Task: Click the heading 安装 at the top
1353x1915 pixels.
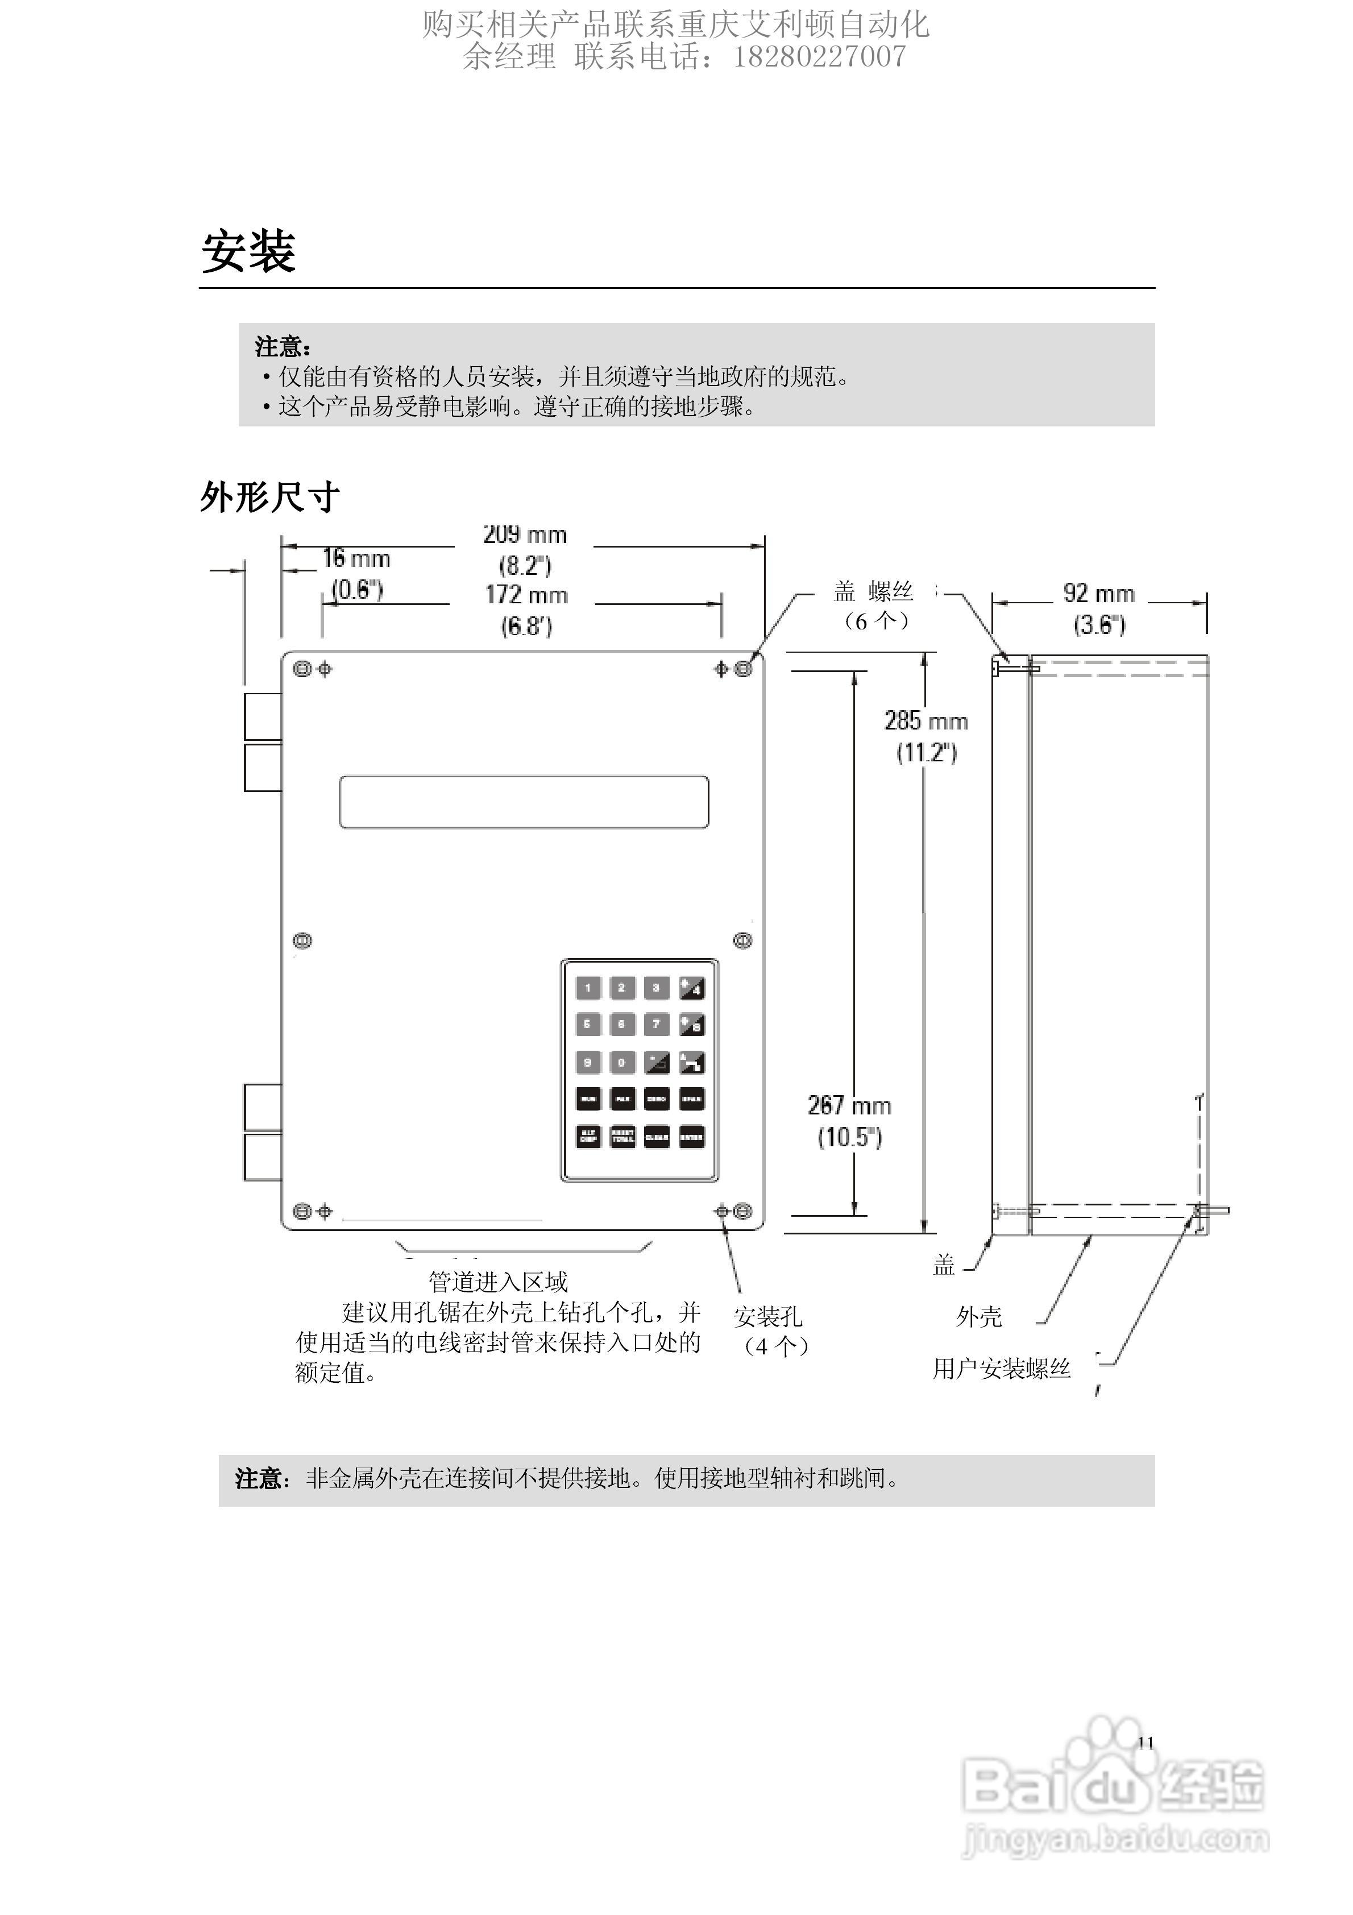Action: coord(248,251)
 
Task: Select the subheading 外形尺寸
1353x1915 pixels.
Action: coord(269,497)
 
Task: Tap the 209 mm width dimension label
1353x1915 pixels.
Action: coord(525,534)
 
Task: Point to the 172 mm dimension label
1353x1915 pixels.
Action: coord(526,595)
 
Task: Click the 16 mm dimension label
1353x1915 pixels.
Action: coord(356,559)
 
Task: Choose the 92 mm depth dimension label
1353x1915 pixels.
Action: coord(1098,594)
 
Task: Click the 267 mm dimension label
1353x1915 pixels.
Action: coord(849,1106)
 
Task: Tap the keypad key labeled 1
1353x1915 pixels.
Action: coord(588,988)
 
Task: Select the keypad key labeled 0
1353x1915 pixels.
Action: coord(621,1062)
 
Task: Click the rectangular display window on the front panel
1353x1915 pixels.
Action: coord(524,802)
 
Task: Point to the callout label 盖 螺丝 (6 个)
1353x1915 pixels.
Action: coord(874,606)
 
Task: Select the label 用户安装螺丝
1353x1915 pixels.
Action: coord(1001,1369)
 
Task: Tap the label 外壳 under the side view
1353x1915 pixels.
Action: coord(978,1317)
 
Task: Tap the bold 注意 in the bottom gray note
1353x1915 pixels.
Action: coord(259,1479)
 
